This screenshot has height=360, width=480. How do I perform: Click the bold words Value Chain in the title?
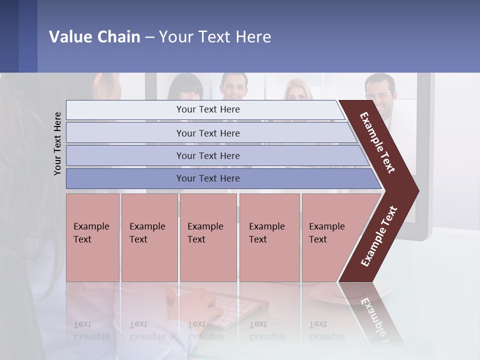click(x=94, y=37)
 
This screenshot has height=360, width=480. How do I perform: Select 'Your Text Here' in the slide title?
click(x=215, y=37)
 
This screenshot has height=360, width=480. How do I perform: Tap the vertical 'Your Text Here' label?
click(x=57, y=143)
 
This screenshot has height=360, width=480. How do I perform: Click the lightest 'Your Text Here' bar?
click(x=207, y=109)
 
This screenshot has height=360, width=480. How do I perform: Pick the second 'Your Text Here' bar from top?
click(x=207, y=133)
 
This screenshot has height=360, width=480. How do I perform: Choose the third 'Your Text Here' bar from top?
click(x=207, y=155)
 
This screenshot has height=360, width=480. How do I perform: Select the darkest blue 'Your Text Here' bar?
click(x=207, y=178)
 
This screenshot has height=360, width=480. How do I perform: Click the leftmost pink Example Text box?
click(x=92, y=237)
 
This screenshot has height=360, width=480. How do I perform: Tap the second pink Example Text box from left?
click(x=149, y=237)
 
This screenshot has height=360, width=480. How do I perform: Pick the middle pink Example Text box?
click(x=208, y=237)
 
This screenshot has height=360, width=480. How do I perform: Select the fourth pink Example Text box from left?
click(x=269, y=237)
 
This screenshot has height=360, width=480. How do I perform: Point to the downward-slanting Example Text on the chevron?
click(x=377, y=142)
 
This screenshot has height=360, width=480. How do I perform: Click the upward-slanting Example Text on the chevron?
click(x=379, y=236)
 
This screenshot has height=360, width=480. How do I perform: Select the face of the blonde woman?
click(x=298, y=91)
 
